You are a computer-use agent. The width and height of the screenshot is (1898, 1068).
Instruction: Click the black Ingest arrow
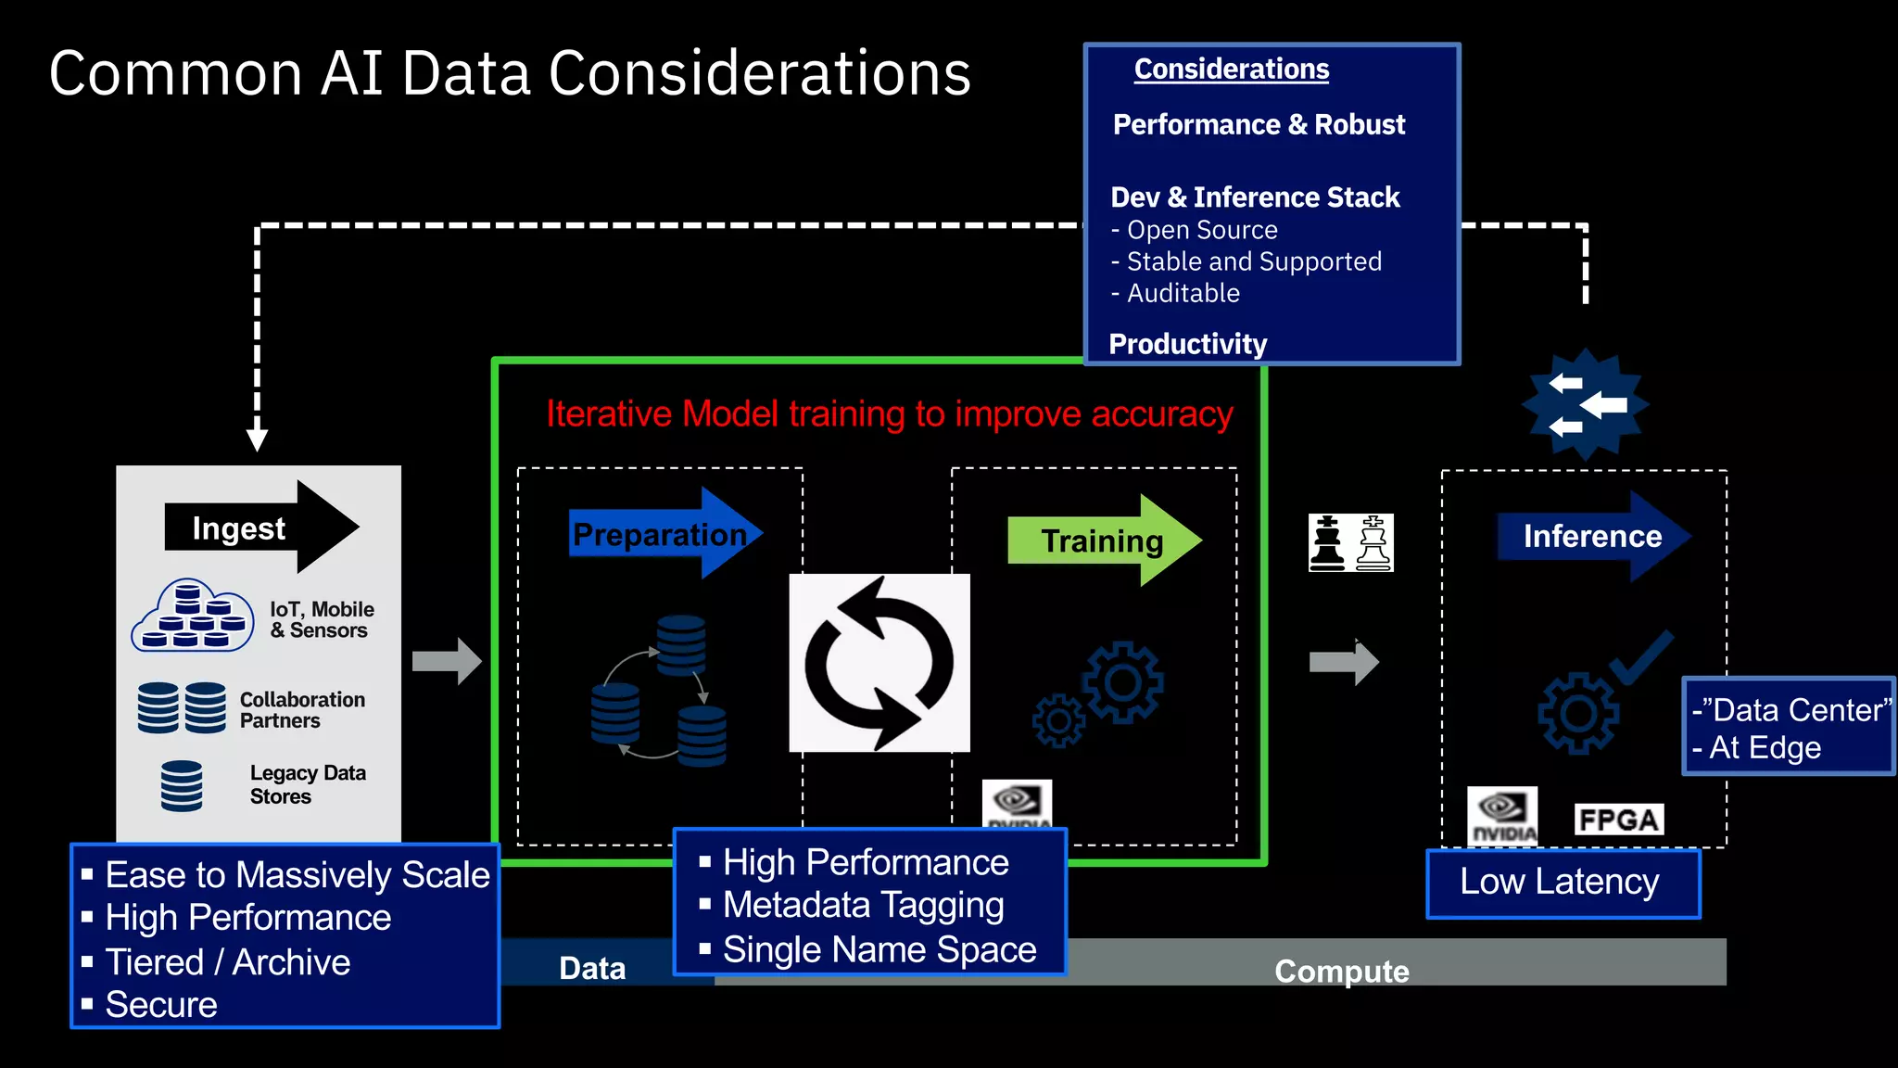click(259, 528)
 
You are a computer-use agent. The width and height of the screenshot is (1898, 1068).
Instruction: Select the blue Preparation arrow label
click(661, 535)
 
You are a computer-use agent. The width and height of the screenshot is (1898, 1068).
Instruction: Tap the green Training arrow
click(1103, 540)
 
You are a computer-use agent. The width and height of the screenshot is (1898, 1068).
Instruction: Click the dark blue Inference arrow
click(1592, 537)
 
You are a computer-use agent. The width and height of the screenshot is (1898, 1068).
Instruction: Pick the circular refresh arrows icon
click(879, 663)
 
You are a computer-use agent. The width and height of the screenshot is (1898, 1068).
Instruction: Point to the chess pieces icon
click(1350, 543)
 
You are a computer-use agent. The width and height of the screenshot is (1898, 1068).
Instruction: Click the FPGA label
click(1618, 820)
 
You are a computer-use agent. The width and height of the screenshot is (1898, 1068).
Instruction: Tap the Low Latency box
click(1562, 883)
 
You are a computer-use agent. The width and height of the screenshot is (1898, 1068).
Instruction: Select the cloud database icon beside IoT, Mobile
click(193, 617)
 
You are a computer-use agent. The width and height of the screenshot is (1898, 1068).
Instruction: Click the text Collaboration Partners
click(301, 710)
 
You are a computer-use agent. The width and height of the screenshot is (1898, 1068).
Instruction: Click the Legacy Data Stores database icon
click(182, 786)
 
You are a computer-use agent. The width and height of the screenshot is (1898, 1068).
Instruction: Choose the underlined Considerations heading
click(1231, 70)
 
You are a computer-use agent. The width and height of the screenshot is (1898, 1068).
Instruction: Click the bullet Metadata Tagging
click(863, 906)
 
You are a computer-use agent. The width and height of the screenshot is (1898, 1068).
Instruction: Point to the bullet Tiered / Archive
click(227, 962)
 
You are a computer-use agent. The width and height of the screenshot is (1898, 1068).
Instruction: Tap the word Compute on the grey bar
click(1341, 971)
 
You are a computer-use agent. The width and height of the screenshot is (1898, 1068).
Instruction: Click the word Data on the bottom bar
click(592, 969)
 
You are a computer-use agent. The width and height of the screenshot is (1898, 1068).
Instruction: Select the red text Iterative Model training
click(889, 414)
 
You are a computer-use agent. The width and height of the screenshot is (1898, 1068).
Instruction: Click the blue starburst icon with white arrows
click(1586, 405)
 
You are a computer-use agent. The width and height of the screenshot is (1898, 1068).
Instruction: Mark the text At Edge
click(1765, 748)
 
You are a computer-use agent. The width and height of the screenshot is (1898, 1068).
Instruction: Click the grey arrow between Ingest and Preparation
click(447, 661)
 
